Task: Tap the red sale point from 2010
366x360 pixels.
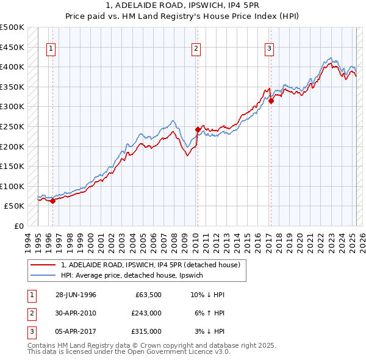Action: pyautogui.click(x=198, y=129)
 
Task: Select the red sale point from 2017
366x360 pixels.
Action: pyautogui.click(x=271, y=101)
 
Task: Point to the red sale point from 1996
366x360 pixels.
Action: pyautogui.click(x=53, y=201)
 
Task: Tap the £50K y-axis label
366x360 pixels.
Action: pyautogui.click(x=15, y=206)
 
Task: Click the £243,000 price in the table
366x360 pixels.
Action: pyautogui.click(x=146, y=313)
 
